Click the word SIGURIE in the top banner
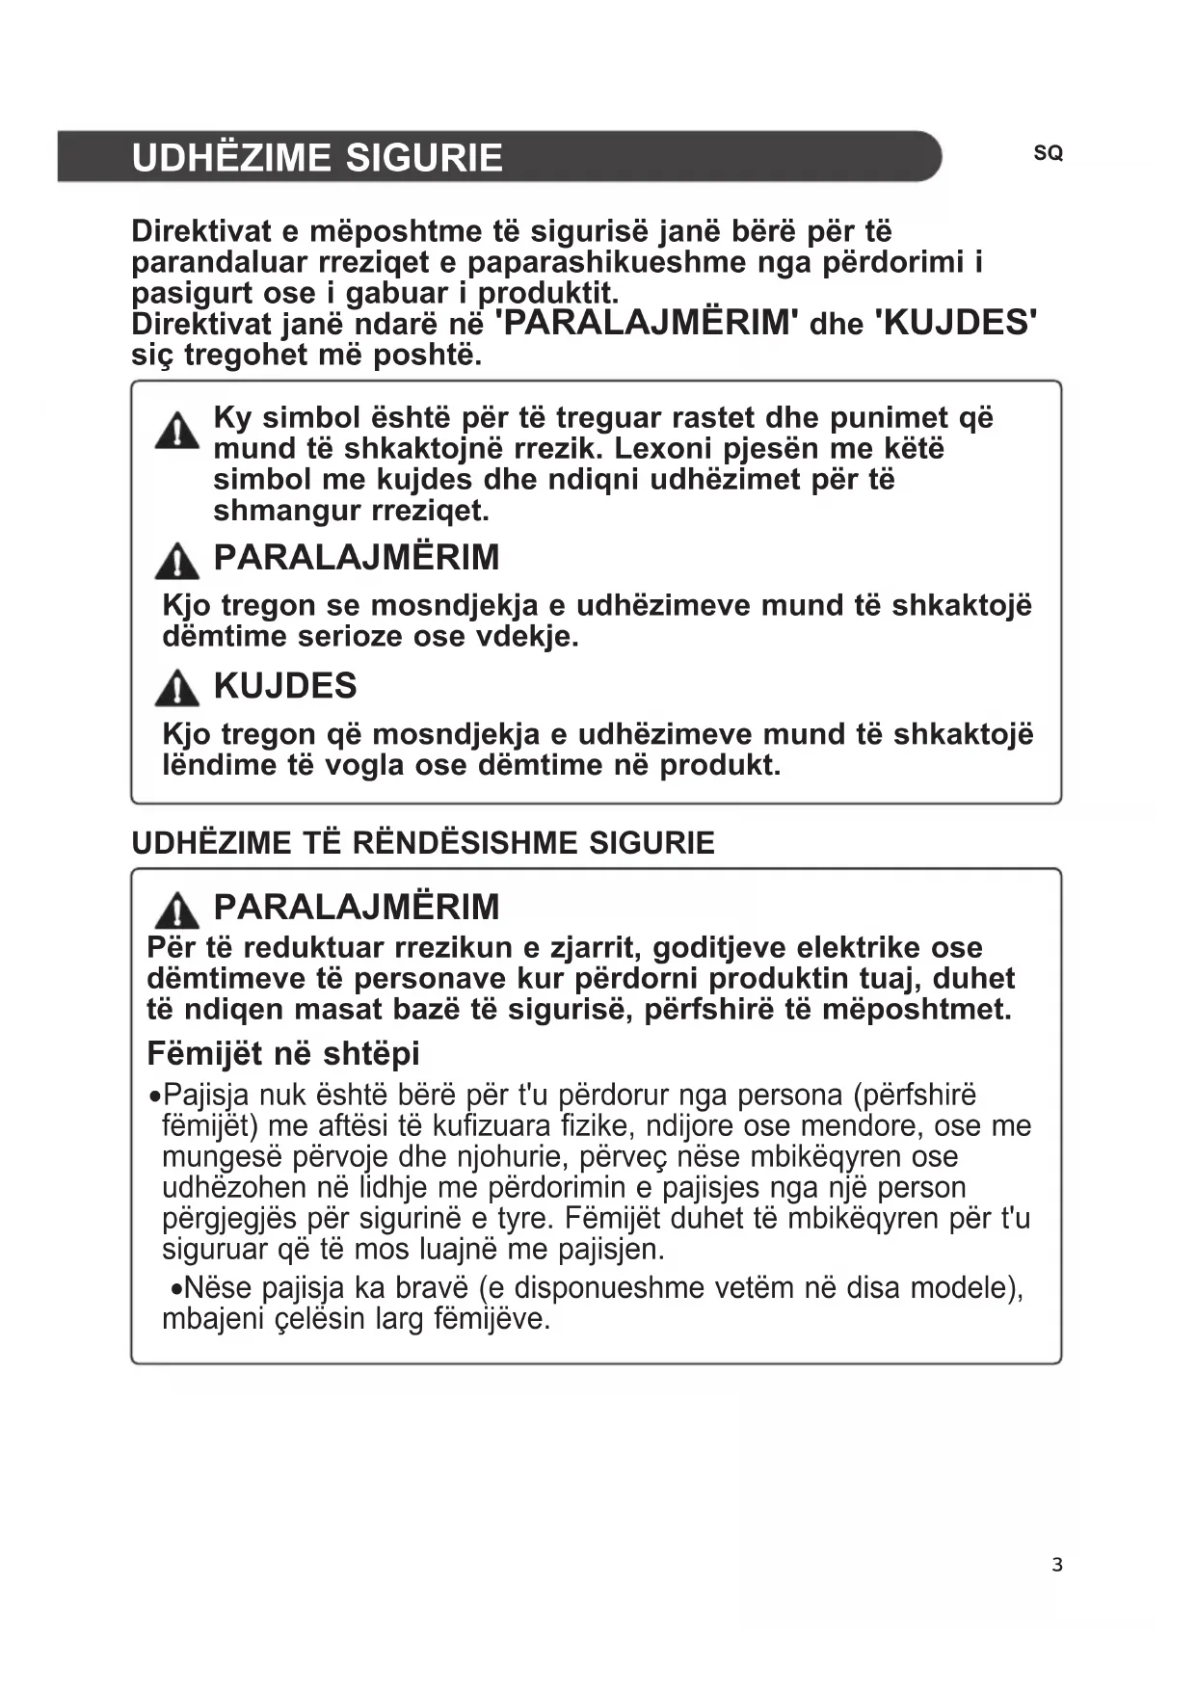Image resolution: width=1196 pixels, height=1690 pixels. [424, 158]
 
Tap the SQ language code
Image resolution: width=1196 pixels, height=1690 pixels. [1048, 153]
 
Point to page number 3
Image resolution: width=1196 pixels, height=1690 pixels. [1057, 1565]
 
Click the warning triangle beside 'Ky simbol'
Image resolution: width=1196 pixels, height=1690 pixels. [177, 432]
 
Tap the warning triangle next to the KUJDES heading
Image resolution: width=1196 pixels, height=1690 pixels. [177, 688]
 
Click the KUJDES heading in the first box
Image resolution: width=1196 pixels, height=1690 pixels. [285, 686]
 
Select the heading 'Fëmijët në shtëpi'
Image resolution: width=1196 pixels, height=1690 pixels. [283, 1053]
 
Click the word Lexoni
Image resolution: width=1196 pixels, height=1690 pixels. [663, 449]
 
